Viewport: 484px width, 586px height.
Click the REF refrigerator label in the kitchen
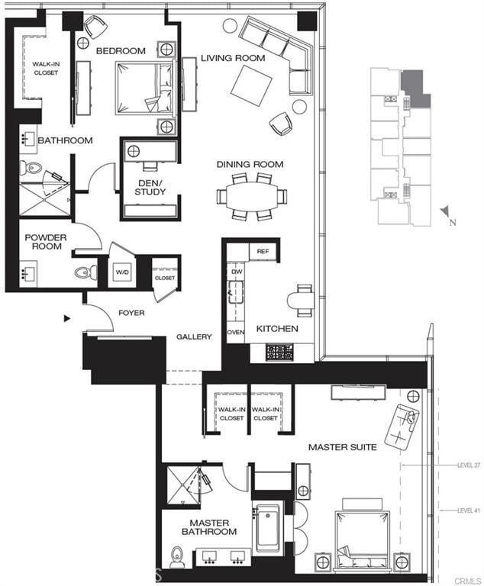pyautogui.click(x=262, y=251)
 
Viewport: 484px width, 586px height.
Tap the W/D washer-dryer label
pyautogui.click(x=122, y=272)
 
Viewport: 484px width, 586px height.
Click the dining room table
pyautogui.click(x=251, y=196)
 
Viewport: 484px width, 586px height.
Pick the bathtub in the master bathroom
pyautogui.click(x=268, y=526)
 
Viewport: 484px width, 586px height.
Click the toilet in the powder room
pyautogui.click(x=83, y=272)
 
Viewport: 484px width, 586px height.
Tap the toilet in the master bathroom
pyautogui.click(x=177, y=555)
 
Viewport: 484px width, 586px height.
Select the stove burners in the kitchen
pyautogui.click(x=279, y=352)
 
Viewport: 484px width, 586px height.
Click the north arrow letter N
pyautogui.click(x=453, y=223)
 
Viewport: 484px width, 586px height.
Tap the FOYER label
pyautogui.click(x=131, y=313)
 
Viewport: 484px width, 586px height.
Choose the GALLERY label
pyautogui.click(x=194, y=336)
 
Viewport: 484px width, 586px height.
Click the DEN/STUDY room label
pyautogui.click(x=150, y=186)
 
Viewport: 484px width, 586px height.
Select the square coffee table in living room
pyautogui.click(x=253, y=85)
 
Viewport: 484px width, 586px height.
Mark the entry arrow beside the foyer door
pyautogui.click(x=67, y=317)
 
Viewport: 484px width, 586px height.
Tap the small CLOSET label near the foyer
pyautogui.click(x=164, y=278)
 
